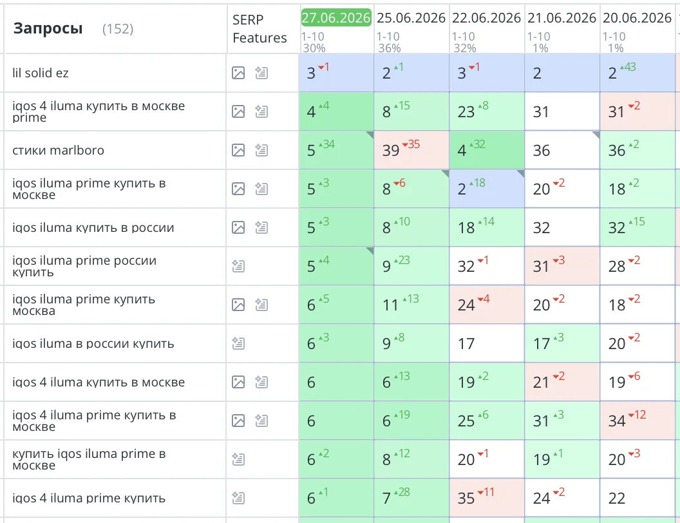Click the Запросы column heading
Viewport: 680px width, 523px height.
point(48,28)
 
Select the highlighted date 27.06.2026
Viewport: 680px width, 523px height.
point(336,17)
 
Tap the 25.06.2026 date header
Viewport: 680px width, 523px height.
point(411,18)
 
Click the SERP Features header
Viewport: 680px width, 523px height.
point(260,28)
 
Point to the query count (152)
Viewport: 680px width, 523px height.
point(118,29)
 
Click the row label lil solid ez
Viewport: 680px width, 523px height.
point(41,73)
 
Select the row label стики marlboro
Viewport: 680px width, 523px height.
point(58,151)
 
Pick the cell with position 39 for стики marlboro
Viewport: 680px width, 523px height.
point(411,150)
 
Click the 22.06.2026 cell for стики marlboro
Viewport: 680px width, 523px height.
point(487,150)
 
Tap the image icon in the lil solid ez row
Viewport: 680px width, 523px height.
point(238,73)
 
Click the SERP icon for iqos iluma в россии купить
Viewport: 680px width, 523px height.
point(238,343)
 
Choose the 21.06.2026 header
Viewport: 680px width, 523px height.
point(562,18)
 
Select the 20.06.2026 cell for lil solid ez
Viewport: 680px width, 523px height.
point(637,73)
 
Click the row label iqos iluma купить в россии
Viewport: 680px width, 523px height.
point(93,227)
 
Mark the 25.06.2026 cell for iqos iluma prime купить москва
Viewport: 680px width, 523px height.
point(411,305)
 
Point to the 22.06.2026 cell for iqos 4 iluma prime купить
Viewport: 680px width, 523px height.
point(487,498)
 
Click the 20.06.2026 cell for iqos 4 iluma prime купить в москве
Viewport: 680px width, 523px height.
point(637,421)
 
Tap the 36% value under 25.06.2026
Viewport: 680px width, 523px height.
point(390,48)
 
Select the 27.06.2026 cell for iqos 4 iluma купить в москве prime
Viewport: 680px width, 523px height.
point(336,111)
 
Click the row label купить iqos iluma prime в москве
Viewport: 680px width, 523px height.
point(89,459)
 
